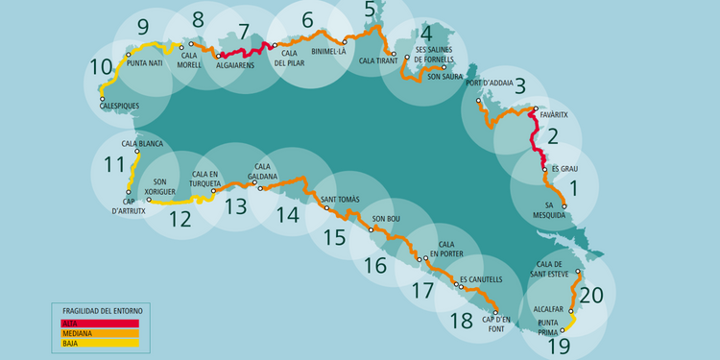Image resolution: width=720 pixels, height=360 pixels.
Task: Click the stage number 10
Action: tap(101, 67)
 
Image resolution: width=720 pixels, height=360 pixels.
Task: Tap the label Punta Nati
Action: tap(143, 63)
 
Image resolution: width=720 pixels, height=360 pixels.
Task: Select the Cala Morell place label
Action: tap(196, 60)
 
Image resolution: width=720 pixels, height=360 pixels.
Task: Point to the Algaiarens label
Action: tap(235, 65)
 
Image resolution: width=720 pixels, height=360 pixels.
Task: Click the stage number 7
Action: tap(243, 31)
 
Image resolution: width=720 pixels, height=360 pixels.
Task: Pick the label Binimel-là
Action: tap(328, 52)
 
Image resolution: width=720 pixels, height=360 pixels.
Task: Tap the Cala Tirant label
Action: tap(378, 60)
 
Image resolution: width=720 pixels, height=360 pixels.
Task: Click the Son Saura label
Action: tap(445, 76)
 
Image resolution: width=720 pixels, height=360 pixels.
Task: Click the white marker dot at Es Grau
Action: tap(543, 170)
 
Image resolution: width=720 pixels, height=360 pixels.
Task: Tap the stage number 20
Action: tap(591, 295)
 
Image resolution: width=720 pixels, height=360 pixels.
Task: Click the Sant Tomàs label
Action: tap(340, 199)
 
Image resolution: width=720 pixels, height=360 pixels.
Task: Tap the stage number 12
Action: tap(180, 218)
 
